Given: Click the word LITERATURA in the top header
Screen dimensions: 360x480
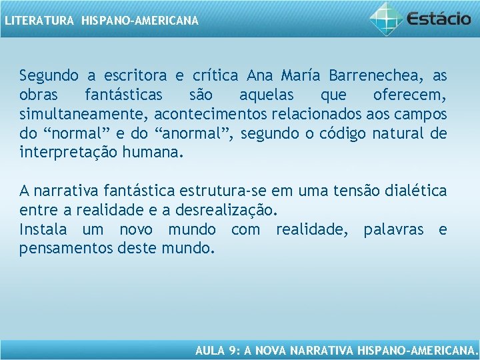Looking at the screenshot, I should (x=39, y=21).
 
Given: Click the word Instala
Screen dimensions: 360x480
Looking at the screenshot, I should (x=43, y=230).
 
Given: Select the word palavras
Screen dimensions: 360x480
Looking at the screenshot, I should (x=393, y=230).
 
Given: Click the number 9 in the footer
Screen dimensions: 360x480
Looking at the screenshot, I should (x=231, y=349).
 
